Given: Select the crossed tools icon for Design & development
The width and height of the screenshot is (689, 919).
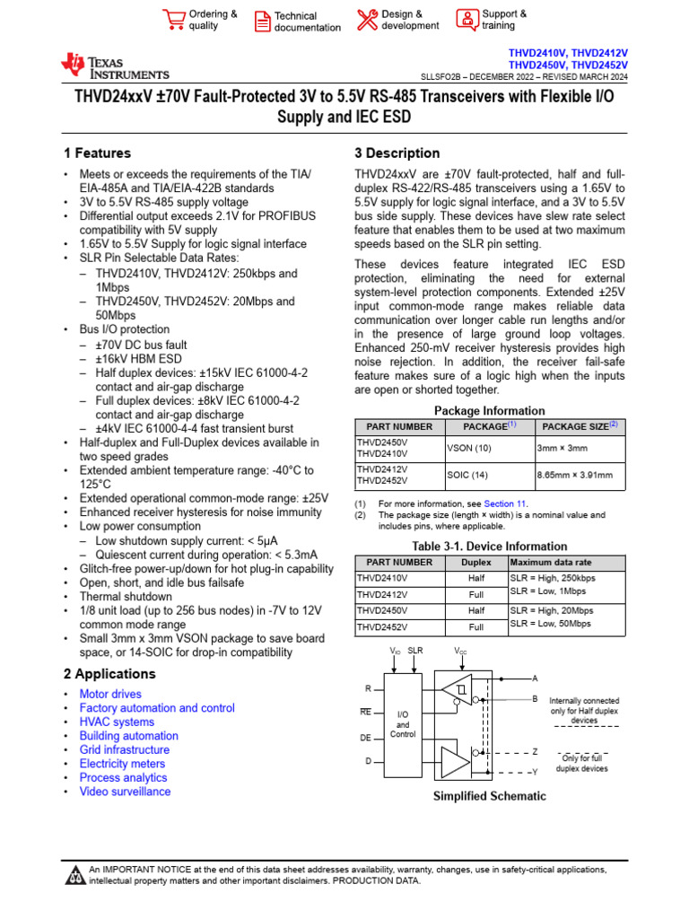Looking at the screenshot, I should (x=367, y=20).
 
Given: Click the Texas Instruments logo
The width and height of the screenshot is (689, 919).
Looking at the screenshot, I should (x=114, y=66).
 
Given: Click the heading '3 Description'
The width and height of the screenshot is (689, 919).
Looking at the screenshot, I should (x=397, y=153).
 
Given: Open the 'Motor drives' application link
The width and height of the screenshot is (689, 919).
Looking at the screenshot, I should (x=110, y=694).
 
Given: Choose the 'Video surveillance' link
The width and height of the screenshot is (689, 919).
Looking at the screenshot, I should (x=125, y=792).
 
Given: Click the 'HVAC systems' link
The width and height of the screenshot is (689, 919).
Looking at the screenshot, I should (x=117, y=722).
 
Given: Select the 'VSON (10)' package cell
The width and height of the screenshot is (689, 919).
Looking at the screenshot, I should (x=467, y=448).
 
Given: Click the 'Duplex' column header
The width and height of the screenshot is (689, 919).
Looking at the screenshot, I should (x=475, y=563).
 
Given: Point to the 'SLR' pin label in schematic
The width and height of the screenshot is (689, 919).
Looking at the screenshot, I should (x=415, y=650).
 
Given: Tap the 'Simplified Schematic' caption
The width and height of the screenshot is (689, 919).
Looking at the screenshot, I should (x=490, y=796).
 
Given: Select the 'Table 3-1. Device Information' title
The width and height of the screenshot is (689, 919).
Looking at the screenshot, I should (x=490, y=546).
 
